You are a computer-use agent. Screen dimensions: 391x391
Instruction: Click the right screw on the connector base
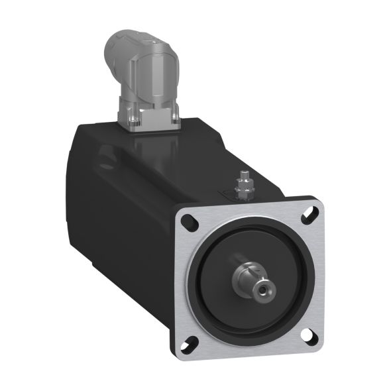pos(176,119)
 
